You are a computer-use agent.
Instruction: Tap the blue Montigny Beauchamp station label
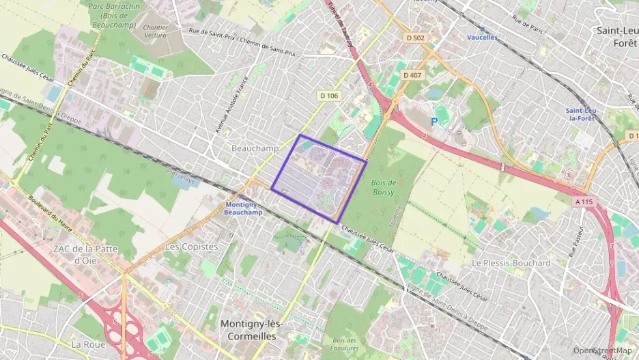pos(244,208)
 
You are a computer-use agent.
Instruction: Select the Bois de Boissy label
pos(384,187)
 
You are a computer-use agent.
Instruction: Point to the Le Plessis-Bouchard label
pos(511,263)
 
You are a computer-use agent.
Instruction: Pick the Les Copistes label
pos(192,246)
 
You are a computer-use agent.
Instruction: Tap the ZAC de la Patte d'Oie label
pos(85,253)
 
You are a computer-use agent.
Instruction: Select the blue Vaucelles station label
pos(483,38)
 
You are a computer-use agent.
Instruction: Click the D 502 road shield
pos(414,38)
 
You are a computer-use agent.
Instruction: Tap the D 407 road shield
pos(413,75)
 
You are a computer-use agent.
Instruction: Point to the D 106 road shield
pos(328,96)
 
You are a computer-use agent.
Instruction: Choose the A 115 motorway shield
pos(585,202)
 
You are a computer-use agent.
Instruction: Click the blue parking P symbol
pos(434,122)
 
